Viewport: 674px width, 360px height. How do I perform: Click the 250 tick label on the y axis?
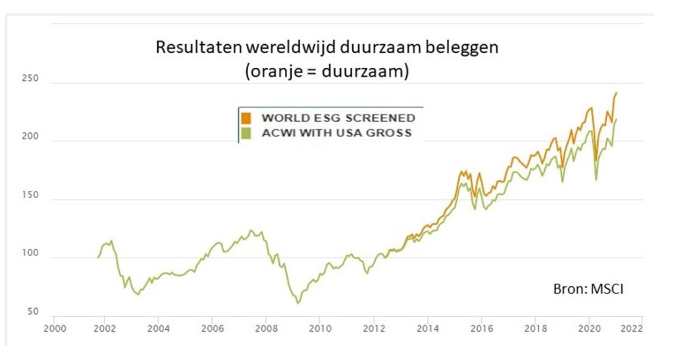point(32,79)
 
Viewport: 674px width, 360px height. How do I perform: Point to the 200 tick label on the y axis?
point(32,138)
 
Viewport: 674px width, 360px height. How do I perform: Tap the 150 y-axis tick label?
point(32,196)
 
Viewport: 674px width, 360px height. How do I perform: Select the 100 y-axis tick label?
point(32,254)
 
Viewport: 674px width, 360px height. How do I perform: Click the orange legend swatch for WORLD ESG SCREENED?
point(246,118)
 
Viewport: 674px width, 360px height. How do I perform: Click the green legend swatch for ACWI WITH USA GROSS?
point(246,134)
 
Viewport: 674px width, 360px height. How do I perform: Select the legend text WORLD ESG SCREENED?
point(338,118)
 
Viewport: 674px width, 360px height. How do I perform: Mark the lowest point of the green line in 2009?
point(298,303)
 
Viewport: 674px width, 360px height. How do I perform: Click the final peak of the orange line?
point(617,93)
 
